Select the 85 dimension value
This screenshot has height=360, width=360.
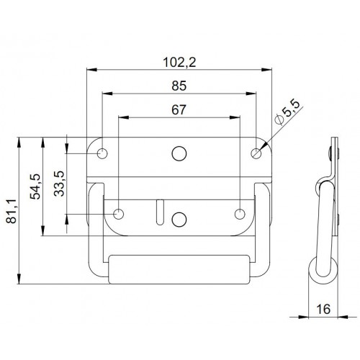point(180,86)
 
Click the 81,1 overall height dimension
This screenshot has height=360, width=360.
point(10,211)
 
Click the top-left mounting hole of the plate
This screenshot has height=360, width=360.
point(103,153)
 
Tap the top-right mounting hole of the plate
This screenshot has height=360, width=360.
point(257,153)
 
